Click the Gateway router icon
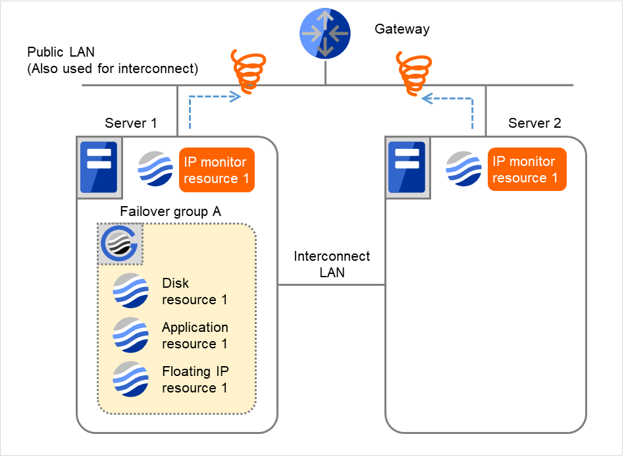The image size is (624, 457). [x=325, y=34]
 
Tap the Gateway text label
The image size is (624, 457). [x=402, y=29]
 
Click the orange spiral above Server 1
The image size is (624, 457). [x=247, y=70]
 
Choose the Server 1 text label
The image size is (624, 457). [x=131, y=123]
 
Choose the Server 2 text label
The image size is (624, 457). [x=534, y=123]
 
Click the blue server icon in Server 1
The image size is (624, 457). [x=97, y=167]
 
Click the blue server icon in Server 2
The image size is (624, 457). [x=406, y=167]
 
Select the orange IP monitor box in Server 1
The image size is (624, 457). [x=216, y=170]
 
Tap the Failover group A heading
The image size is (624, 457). [x=170, y=212]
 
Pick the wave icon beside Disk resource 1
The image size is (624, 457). [x=130, y=290]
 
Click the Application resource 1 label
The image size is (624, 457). [x=195, y=335]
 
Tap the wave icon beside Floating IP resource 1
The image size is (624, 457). [x=130, y=379]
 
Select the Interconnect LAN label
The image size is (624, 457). [x=332, y=264]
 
